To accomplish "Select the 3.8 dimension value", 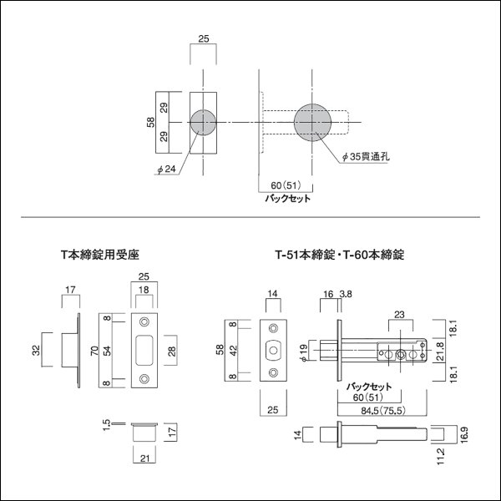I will click(x=347, y=295).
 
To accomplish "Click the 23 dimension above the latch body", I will click(x=399, y=316).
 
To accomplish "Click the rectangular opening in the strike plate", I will click(x=142, y=350).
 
